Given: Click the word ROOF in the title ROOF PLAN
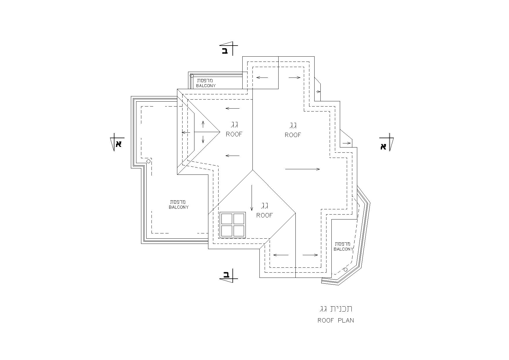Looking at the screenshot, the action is pyautogui.click(x=326, y=321).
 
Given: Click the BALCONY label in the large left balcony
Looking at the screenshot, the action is pyautogui.click(x=179, y=207).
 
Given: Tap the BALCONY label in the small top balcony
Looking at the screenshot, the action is pyautogui.click(x=206, y=86).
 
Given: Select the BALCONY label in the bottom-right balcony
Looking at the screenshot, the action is pyautogui.click(x=344, y=249).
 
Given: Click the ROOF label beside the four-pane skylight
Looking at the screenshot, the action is pyautogui.click(x=265, y=215).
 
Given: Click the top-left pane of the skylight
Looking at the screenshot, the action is pyautogui.click(x=227, y=219).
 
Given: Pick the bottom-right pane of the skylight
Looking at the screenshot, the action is pyautogui.click(x=239, y=231).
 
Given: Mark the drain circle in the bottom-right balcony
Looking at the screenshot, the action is pyautogui.click(x=346, y=270).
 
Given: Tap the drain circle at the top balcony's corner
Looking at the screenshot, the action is pyautogui.click(x=192, y=76).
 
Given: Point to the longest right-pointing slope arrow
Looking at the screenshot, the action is pyautogui.click(x=303, y=169).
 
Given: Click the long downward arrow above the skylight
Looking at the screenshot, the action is pyautogui.click(x=252, y=198).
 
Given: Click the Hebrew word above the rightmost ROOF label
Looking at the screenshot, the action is pyautogui.click(x=293, y=126).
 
